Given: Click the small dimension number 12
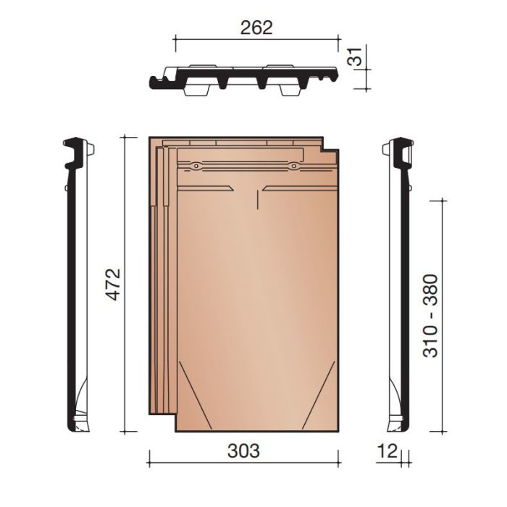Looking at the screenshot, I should coord(387,451).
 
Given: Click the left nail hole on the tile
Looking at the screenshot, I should coord(196,167).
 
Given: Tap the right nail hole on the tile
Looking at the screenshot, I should coord(293,167).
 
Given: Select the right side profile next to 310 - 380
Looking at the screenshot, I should coord(398,282).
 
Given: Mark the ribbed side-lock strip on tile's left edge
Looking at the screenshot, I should coord(159,275).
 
